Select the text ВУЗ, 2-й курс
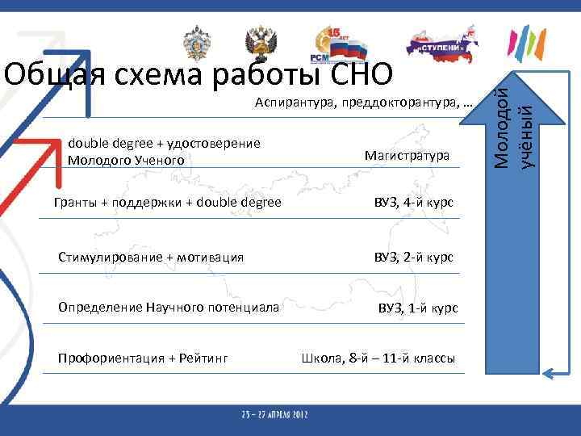[412, 257]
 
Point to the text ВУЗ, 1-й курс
[419, 308]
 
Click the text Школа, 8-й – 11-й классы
[378, 358]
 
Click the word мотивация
[209, 257]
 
